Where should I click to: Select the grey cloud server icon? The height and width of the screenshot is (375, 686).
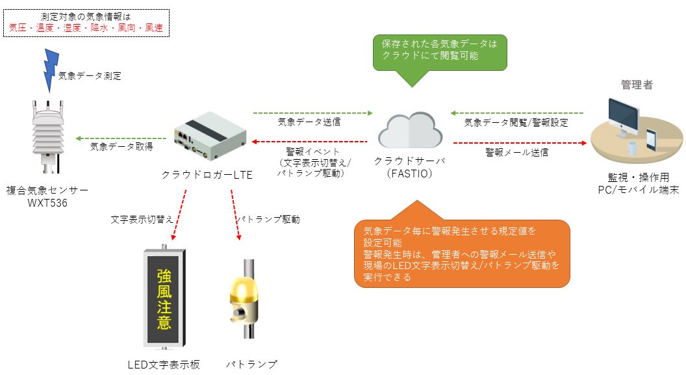click(410, 130)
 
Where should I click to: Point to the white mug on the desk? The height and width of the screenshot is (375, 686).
click(631, 148)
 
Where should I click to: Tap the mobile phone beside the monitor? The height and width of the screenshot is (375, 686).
click(651, 140)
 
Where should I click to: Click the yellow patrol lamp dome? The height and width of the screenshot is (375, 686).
click(244, 289)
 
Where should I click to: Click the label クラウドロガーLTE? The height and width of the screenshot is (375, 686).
click(207, 175)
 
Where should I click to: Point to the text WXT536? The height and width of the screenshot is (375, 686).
click(47, 203)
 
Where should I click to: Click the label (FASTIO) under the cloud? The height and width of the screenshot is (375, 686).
click(409, 174)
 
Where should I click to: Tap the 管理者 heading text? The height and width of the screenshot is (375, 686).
click(637, 85)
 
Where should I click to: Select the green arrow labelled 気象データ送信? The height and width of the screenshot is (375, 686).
click(313, 113)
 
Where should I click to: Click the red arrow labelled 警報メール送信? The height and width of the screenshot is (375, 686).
click(520, 143)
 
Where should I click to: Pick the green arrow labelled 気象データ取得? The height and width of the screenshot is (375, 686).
click(121, 138)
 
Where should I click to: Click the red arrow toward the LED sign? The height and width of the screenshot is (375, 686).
click(179, 215)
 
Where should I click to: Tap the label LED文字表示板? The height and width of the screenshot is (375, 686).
click(164, 365)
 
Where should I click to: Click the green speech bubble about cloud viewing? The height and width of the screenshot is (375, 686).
click(440, 53)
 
